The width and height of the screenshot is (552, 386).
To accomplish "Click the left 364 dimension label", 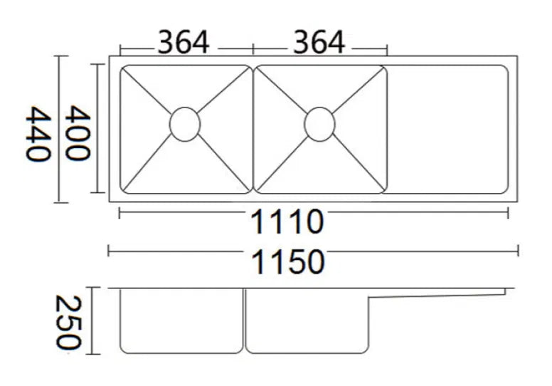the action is click(184, 42).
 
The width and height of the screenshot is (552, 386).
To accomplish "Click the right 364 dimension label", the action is click(319, 42).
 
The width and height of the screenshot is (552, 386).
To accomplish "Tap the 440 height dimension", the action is click(38, 134).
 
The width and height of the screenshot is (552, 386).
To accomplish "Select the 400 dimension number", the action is click(78, 132).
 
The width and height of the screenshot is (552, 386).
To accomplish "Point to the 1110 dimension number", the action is click(287, 221).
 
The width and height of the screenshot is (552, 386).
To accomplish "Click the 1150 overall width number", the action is click(288, 262).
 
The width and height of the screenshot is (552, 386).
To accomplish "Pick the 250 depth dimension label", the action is click(68, 322).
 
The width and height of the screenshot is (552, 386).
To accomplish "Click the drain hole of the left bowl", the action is click(185, 125).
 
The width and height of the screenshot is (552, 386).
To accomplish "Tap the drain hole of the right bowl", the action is click(319, 125).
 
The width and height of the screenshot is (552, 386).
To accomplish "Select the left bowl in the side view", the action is click(181, 320).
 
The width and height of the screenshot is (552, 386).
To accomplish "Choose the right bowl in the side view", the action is click(307, 320).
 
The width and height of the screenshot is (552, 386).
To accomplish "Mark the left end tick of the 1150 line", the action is click(108, 251).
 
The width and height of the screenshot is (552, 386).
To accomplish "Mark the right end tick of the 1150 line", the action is click(518, 251).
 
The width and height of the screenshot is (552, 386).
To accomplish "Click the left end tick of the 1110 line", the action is click(120, 213).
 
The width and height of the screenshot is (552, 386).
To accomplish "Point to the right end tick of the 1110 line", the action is click(508, 213).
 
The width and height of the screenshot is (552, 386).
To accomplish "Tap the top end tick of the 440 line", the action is click(60, 56).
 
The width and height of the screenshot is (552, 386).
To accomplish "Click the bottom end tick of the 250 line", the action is click(93, 354).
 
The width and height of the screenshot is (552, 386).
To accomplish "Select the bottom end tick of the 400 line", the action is click(97, 193).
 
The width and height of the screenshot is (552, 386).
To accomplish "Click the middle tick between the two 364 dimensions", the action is click(253, 48).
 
